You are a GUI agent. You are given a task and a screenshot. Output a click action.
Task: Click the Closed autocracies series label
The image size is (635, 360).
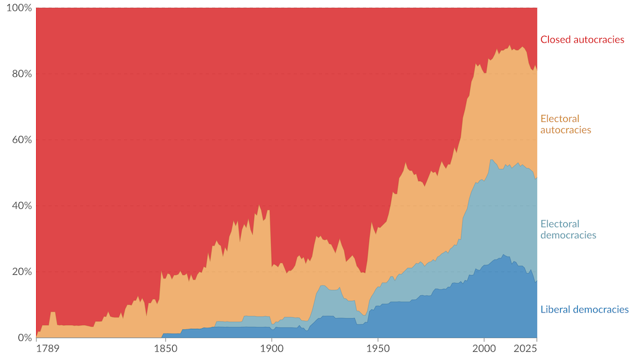(582, 40)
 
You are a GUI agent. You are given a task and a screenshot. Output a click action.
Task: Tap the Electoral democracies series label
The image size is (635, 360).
(568, 229)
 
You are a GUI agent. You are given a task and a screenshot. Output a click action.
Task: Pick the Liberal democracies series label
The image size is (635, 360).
(584, 310)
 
